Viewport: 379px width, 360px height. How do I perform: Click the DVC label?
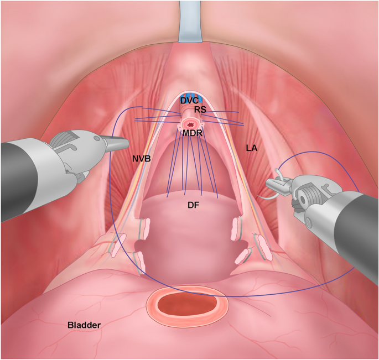[x=189, y=101]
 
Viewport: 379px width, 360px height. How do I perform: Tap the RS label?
[x=200, y=110]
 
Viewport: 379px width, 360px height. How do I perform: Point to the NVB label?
[x=142, y=159]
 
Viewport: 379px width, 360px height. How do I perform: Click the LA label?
[x=252, y=148]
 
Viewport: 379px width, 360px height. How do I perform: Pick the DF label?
[x=193, y=206]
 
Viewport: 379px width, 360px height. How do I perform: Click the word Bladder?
[x=84, y=325]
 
